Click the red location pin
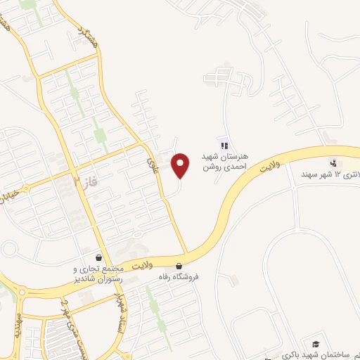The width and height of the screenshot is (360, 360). pos(181,165)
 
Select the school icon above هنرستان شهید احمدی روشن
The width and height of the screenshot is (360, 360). pos(224,146)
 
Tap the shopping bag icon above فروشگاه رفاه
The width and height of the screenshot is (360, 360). pos(179,266)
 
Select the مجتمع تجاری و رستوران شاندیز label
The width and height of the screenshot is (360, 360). pos(98,274)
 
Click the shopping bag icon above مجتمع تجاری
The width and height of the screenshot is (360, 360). pos(99,258)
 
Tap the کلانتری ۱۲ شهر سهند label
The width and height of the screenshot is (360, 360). pos(334,174)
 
